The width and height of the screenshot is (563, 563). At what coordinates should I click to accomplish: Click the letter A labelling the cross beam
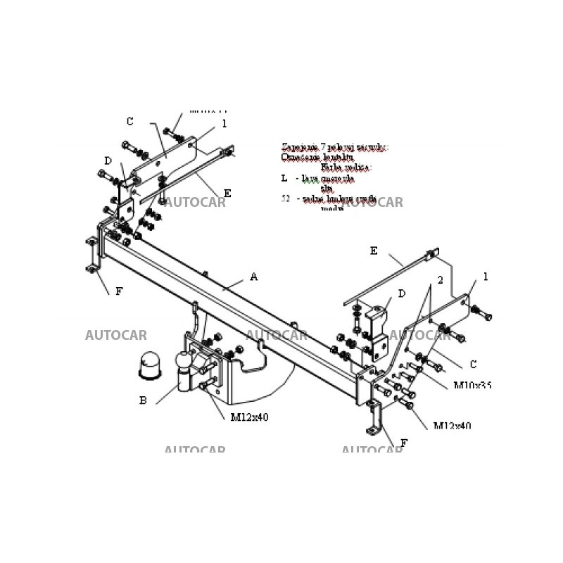click(253, 277)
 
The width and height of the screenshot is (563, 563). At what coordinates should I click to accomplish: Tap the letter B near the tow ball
click(143, 400)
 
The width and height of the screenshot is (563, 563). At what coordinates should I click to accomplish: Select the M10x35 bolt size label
click(472, 386)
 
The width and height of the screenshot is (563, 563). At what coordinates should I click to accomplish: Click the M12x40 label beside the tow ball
click(249, 417)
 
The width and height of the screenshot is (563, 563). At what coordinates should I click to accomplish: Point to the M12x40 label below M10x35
click(452, 426)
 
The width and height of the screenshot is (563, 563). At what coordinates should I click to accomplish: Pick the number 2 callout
click(440, 280)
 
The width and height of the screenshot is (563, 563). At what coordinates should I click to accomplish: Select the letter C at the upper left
click(129, 122)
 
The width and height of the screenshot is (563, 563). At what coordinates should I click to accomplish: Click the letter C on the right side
click(473, 365)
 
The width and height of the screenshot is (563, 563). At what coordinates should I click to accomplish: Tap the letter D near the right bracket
click(401, 293)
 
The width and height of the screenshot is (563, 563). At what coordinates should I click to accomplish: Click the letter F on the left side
click(119, 291)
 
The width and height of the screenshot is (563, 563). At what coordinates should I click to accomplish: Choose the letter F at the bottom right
click(403, 443)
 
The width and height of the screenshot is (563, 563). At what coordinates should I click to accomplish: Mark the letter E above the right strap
click(374, 251)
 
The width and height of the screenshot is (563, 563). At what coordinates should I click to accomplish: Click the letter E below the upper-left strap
click(227, 194)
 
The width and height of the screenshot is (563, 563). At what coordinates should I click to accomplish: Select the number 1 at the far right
click(485, 277)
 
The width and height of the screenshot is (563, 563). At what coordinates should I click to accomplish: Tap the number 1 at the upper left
click(224, 124)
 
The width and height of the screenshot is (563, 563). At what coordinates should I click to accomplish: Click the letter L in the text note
click(284, 179)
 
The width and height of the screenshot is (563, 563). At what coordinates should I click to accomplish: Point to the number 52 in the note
click(285, 199)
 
